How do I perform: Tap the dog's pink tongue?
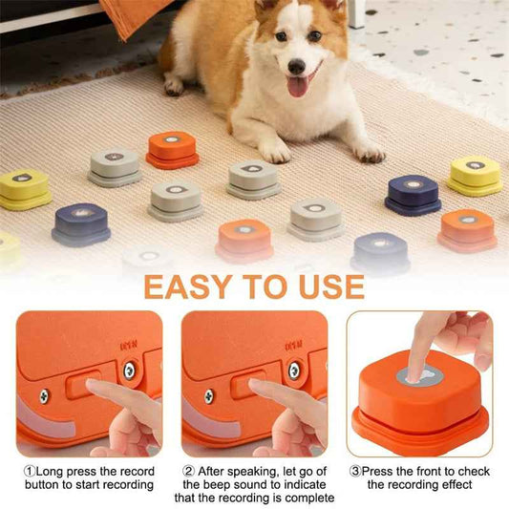coord(297,87)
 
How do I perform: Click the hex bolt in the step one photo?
coord(128,370)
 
